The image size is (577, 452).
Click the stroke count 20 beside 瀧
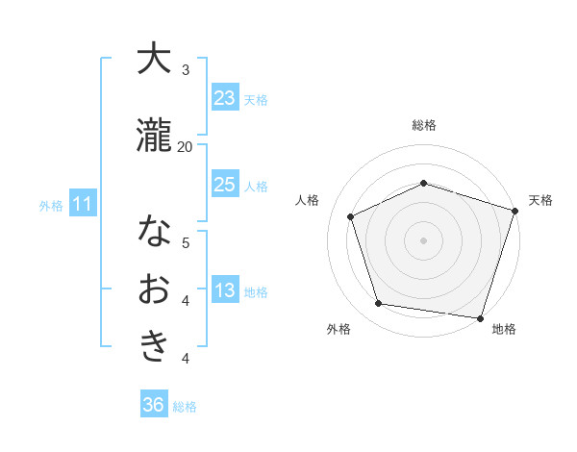tap(185, 146)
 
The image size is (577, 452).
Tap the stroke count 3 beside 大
tap(186, 70)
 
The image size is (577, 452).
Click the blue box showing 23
tap(225, 98)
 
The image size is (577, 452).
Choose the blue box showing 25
tap(225, 185)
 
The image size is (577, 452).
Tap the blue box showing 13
tap(225, 290)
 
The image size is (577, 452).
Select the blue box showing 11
tap(83, 204)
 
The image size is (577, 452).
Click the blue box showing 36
tap(154, 405)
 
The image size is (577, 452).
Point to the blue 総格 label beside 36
tap(185, 407)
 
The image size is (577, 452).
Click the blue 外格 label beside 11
tap(51, 205)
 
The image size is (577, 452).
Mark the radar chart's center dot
tap(423, 239)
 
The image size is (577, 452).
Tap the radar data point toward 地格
tap(479, 316)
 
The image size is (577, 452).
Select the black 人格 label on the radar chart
tap(307, 200)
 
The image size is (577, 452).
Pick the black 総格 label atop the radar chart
tap(423, 125)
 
